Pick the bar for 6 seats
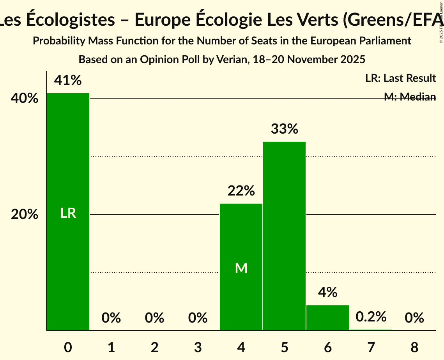coord(327,318)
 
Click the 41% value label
coord(68,81)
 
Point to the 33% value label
coord(284,129)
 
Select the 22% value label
coord(241,191)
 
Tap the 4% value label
coord(327,292)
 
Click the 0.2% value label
coord(371,317)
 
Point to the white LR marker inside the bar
coord(68,213)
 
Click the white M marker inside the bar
coord(241,268)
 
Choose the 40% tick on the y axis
coord(25,98)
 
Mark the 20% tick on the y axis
coord(25,214)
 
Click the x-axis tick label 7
coord(371,347)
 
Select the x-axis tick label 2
coord(154,347)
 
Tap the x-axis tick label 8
coord(414,347)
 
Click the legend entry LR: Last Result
coord(400,78)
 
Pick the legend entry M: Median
coord(410,97)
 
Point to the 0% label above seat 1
coord(111,318)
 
